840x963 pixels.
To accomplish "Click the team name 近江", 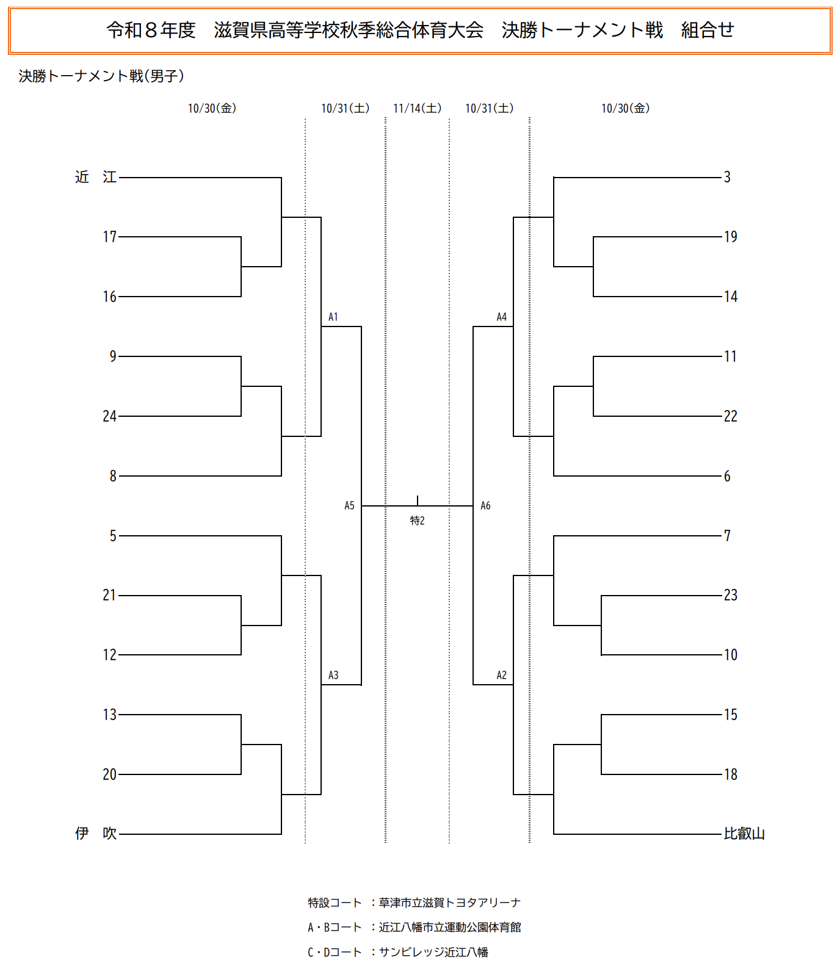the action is pos(96,177).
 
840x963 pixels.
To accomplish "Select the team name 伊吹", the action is pos(96,833).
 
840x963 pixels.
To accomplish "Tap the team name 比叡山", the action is pos(744,833).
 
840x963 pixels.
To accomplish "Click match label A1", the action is pos(333,317).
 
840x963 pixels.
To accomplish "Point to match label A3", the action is pos(333,675).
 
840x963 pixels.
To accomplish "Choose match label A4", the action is pos(502,317).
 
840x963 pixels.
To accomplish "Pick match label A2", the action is pos(502,675).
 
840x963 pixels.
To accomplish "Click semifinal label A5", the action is pos(349,505).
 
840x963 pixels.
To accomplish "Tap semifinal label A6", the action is pos(485,505).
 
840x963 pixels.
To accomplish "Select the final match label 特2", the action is pos(418,521).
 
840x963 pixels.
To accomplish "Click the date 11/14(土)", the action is pos(418,108).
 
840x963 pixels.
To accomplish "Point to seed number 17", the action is pos(110,237).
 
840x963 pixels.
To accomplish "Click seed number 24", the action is pos(110,416).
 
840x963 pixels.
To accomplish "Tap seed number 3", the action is pos(727,177).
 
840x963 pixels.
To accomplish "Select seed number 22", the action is pos(731,416).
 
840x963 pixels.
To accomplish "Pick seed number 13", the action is pos(110,715).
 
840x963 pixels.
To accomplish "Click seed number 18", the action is pos(731,774).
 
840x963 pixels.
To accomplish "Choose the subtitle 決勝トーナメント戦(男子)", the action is pos(101,76).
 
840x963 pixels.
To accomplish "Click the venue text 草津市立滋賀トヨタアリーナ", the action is pos(450,903).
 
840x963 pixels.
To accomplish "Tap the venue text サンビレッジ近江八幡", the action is pos(433,952).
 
